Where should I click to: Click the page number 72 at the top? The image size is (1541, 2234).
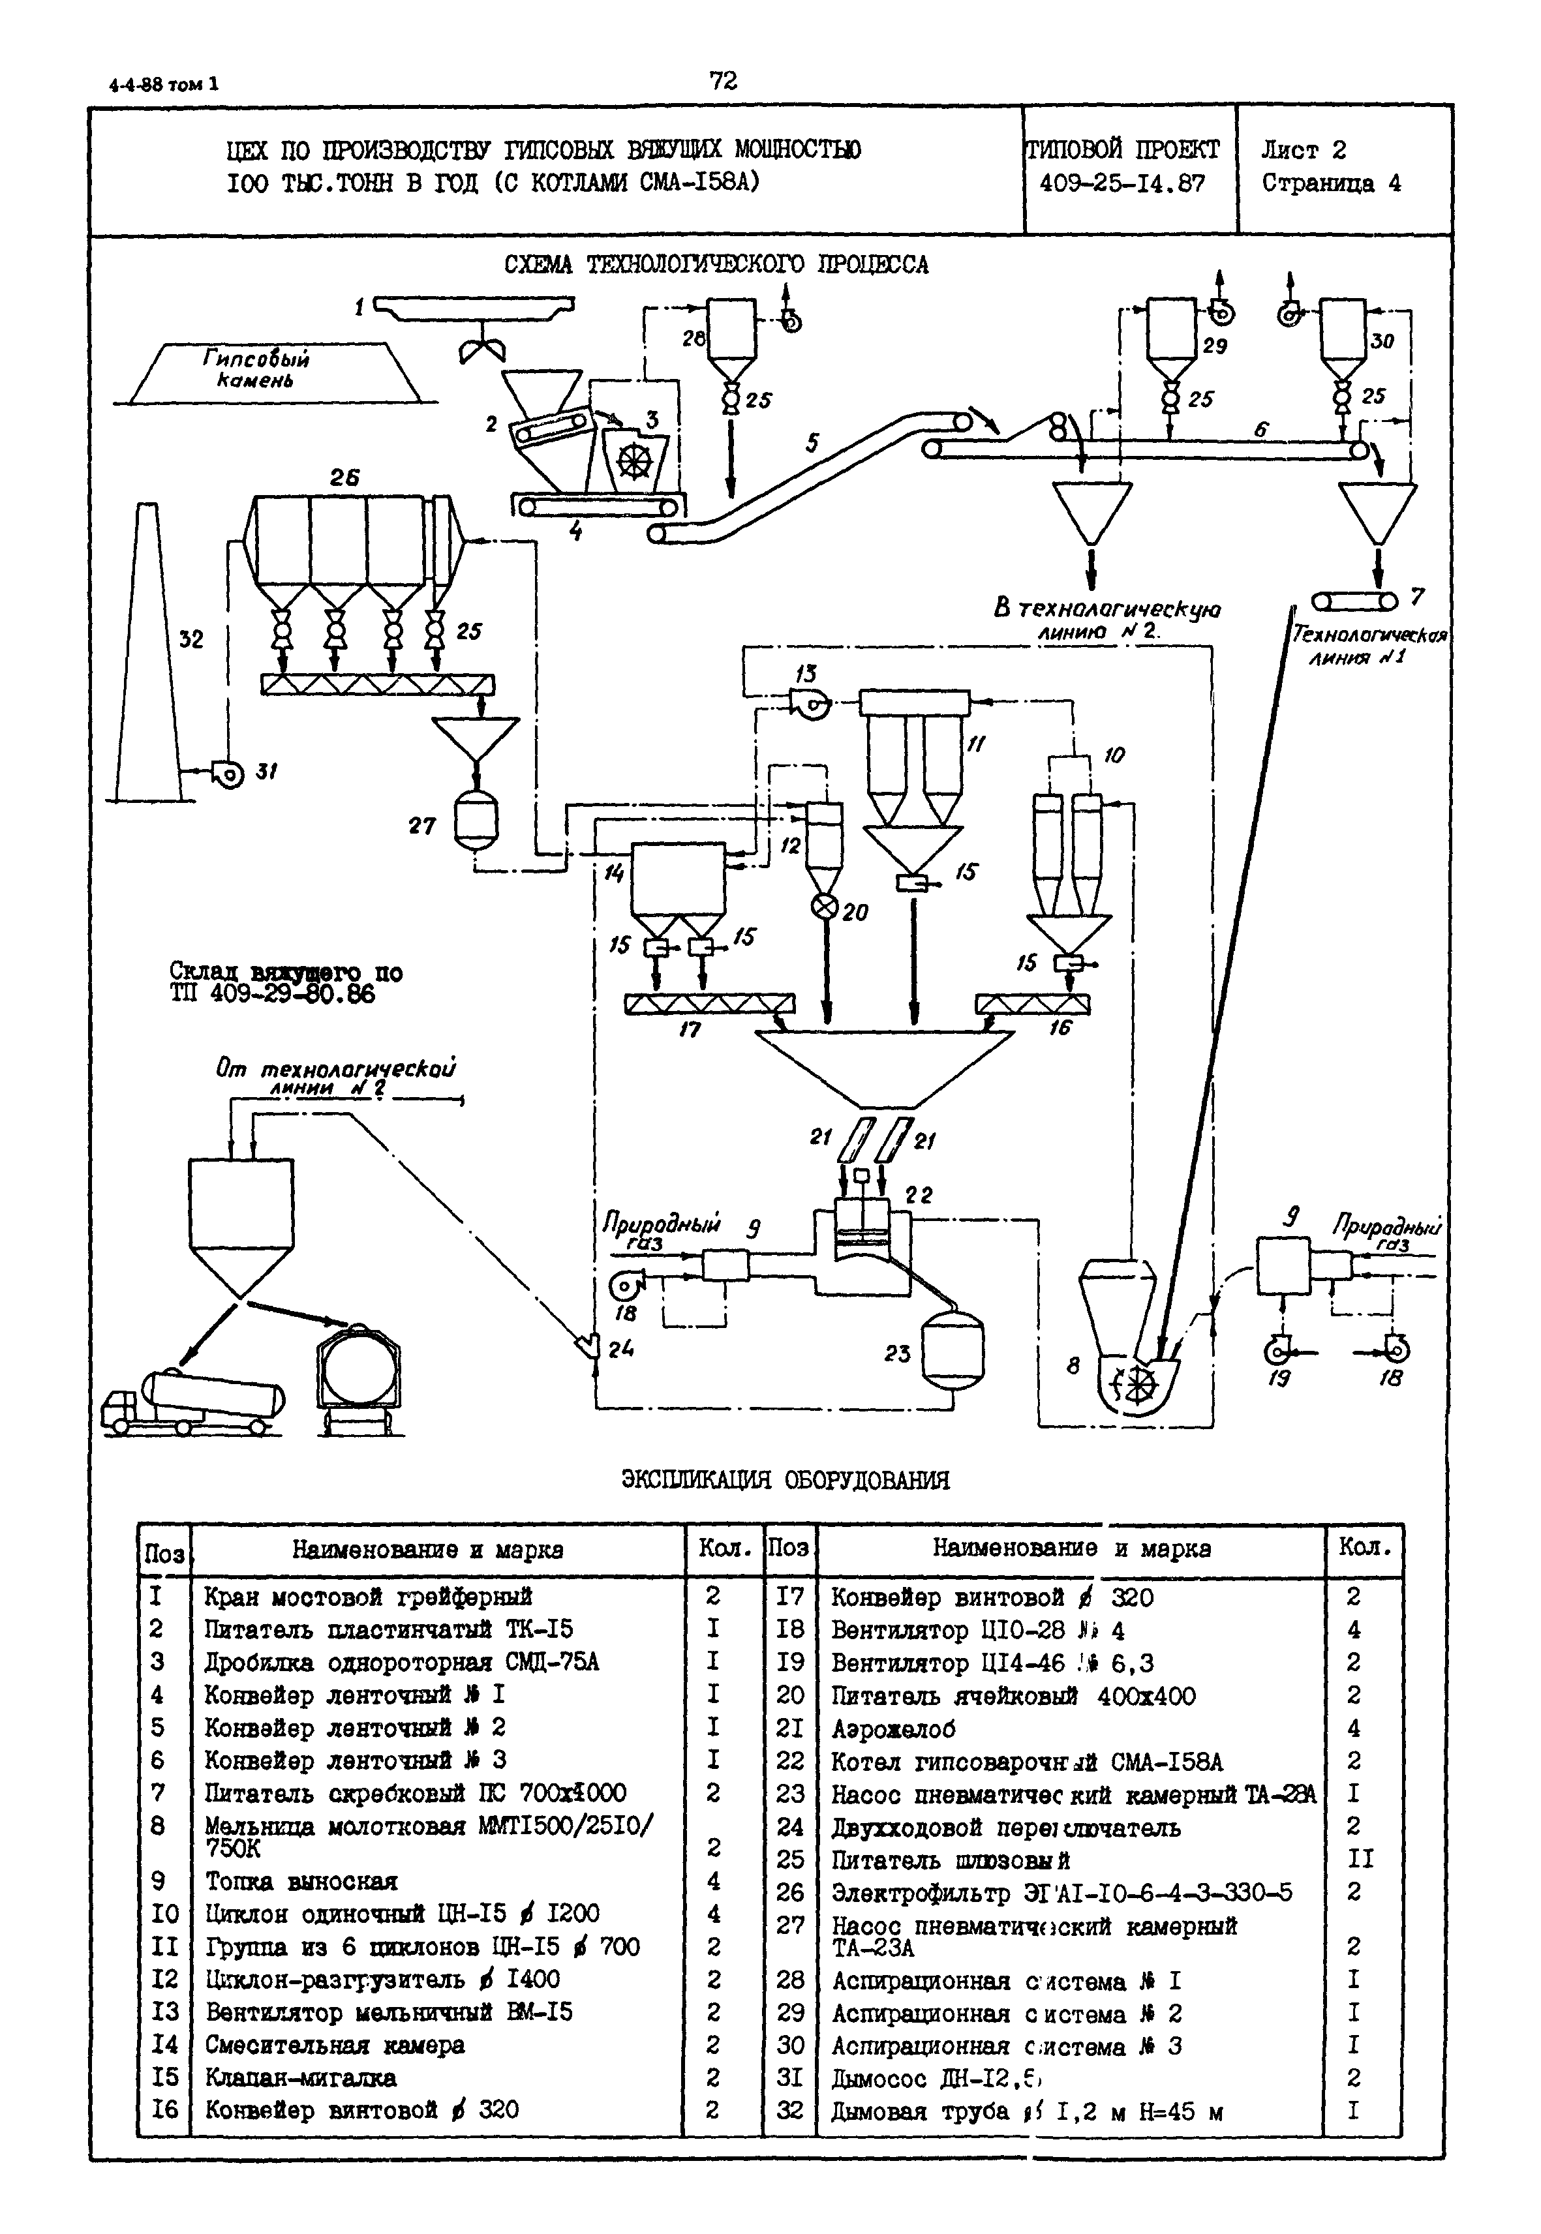click(x=722, y=81)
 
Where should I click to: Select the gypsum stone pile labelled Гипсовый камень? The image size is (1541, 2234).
click(x=273, y=372)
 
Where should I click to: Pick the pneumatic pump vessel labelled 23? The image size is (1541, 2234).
click(x=952, y=1351)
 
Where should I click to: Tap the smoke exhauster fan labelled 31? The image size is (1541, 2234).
click(x=230, y=774)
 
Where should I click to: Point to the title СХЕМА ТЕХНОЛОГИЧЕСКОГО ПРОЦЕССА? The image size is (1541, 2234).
click(x=716, y=265)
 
